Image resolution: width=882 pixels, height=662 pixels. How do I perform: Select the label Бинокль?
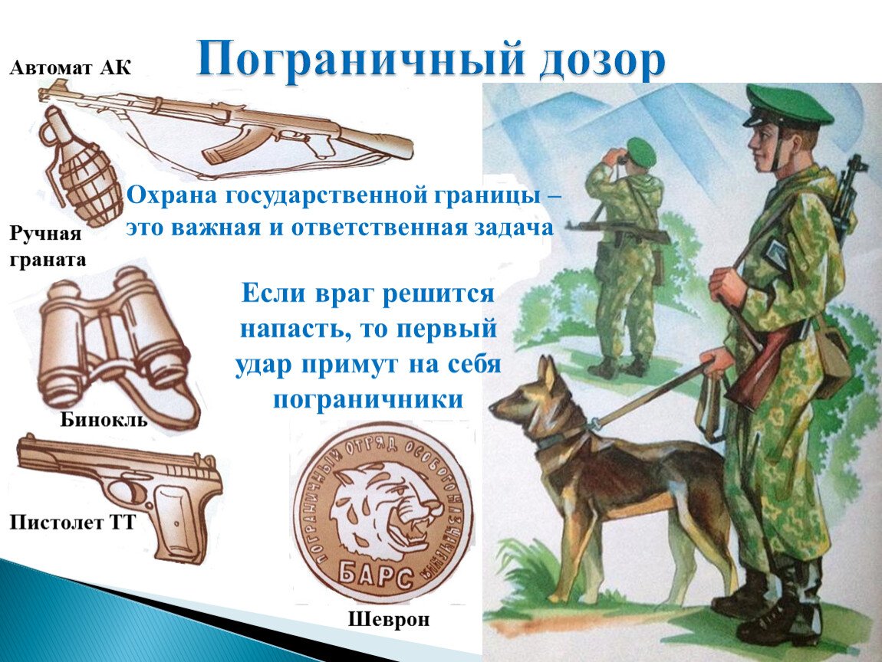(104, 420)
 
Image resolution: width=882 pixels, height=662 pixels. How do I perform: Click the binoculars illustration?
(115, 337)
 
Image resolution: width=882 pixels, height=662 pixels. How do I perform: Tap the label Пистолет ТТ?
(73, 523)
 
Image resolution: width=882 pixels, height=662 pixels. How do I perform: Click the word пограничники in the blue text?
(368, 399)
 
